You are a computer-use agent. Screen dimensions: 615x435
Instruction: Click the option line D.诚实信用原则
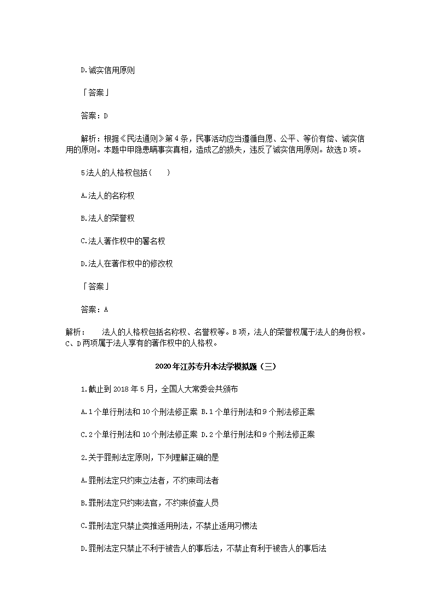107,70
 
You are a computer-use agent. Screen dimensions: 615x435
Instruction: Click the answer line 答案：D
94,116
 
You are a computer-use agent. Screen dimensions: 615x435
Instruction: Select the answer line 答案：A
94,309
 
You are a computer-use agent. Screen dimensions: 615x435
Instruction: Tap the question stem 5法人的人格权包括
125,173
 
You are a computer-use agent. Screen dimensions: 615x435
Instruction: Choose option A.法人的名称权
107,196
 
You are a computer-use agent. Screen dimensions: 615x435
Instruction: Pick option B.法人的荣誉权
107,219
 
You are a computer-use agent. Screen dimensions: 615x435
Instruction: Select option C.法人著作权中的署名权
123,241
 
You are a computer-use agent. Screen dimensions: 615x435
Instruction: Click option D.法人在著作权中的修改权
127,264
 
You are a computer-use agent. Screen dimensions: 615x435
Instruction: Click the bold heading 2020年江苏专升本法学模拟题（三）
218,366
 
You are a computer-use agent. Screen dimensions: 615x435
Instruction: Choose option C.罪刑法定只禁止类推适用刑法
169,526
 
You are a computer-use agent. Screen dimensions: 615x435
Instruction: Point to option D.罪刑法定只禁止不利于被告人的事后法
203,549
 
